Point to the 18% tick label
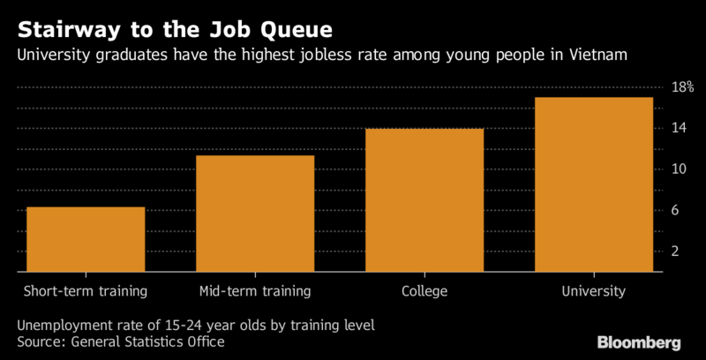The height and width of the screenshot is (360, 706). [683, 87]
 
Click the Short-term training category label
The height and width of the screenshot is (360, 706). [86, 290]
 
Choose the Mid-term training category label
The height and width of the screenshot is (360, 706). [255, 290]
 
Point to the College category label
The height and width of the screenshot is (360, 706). [424, 290]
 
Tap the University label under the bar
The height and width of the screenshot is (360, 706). [594, 290]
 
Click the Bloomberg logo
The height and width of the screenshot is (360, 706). [640, 342]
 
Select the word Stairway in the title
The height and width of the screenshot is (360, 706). [63, 28]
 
